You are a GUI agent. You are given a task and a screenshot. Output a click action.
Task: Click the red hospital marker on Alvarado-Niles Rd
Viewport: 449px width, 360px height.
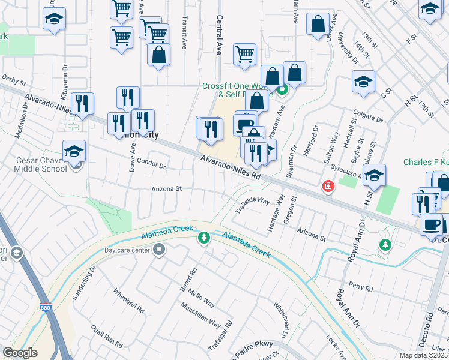pos(328,187)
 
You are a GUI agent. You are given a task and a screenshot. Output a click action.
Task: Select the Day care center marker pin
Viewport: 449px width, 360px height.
pos(159,250)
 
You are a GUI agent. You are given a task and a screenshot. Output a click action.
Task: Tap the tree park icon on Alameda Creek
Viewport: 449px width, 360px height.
pos(204,239)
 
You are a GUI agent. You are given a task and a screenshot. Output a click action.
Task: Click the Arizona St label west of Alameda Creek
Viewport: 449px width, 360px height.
pos(166,188)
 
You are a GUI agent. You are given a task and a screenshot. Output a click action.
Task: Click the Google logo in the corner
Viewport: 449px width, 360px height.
pos(20,353)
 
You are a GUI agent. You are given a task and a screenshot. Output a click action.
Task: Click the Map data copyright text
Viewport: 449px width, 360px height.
pos(423,355)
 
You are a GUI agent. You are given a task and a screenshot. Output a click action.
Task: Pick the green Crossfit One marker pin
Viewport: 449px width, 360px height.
pos(283,91)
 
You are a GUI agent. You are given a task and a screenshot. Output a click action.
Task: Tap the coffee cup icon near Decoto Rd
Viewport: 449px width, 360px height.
pos(431,224)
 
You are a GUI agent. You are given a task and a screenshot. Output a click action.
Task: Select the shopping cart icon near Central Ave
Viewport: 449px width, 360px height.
pos(244,54)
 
